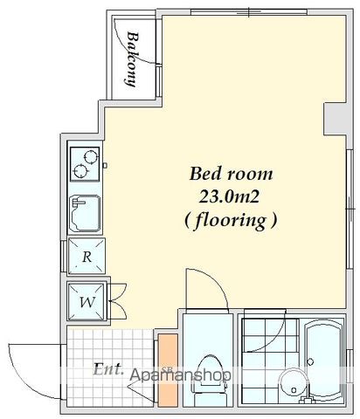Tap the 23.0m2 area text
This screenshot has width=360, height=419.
pos(229,197)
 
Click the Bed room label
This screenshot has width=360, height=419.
pos(231,174)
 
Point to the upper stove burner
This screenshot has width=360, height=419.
pos(90,157)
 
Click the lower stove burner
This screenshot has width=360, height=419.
pos(80,171)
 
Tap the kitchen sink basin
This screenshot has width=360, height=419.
pos(86,213)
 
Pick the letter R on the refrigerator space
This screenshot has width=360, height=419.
pos(87,257)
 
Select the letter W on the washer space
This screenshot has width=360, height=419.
pos(87,302)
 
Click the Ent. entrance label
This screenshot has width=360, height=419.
pos(107,368)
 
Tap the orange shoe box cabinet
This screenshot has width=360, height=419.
pos(168,370)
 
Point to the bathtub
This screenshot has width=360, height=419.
pos(324,361)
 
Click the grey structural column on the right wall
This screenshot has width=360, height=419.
pos(335,119)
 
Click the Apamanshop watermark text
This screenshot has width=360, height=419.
pos(181,374)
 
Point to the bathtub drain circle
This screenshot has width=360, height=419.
pos(310,362)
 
